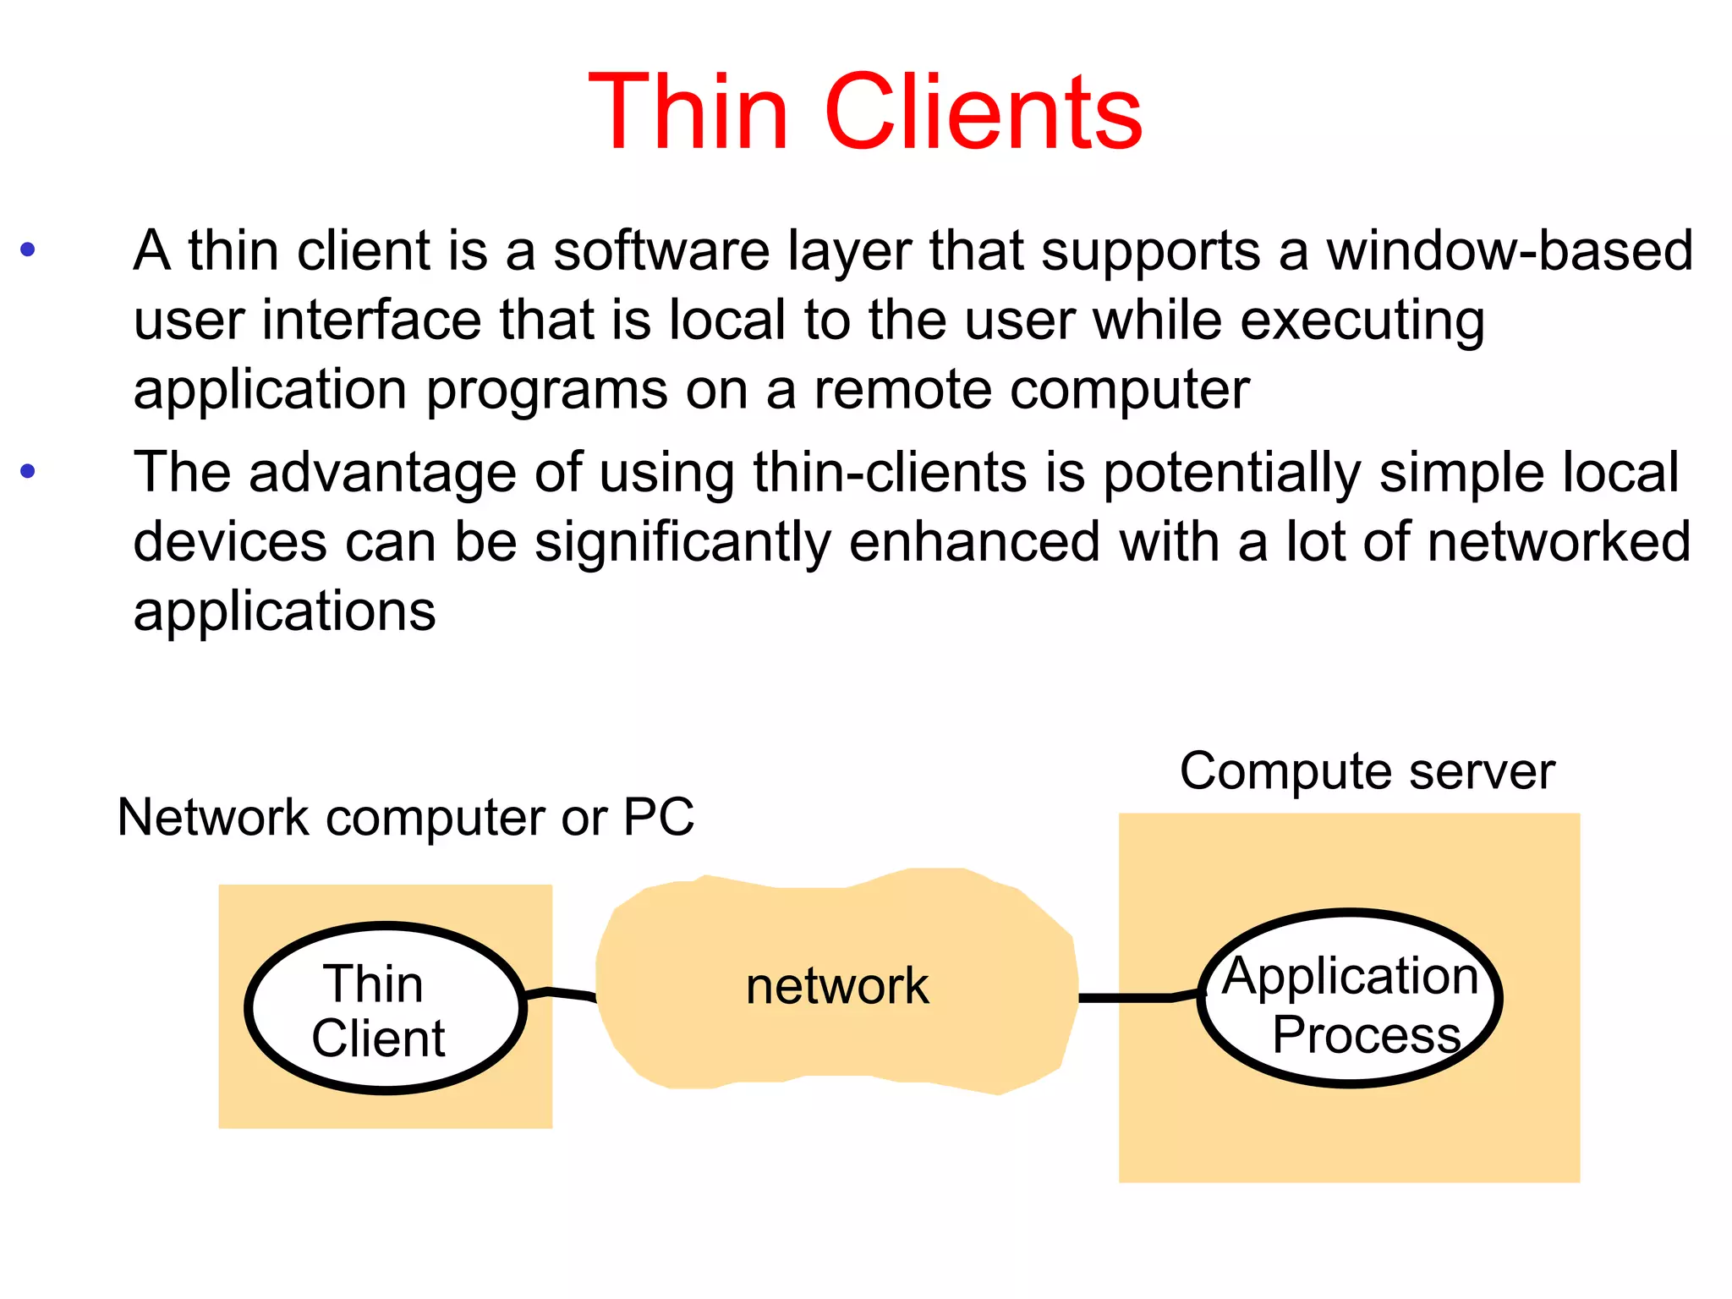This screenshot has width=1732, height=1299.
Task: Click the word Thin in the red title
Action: (x=688, y=112)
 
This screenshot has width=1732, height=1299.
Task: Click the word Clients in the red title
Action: (x=983, y=112)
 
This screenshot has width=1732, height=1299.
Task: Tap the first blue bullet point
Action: (x=28, y=249)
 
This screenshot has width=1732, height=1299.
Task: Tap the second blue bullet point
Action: (x=28, y=471)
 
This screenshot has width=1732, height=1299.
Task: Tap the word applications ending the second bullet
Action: (x=284, y=611)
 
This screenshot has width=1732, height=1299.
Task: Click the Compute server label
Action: (x=1367, y=771)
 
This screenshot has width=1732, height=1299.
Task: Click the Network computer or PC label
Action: (x=405, y=818)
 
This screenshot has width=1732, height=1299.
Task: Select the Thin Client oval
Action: (x=385, y=1008)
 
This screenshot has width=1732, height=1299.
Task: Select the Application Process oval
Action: (x=1350, y=998)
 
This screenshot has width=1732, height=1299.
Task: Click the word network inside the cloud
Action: (x=836, y=986)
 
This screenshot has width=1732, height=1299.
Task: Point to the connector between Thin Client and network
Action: (x=560, y=994)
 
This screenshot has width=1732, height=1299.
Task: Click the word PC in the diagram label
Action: (x=658, y=817)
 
